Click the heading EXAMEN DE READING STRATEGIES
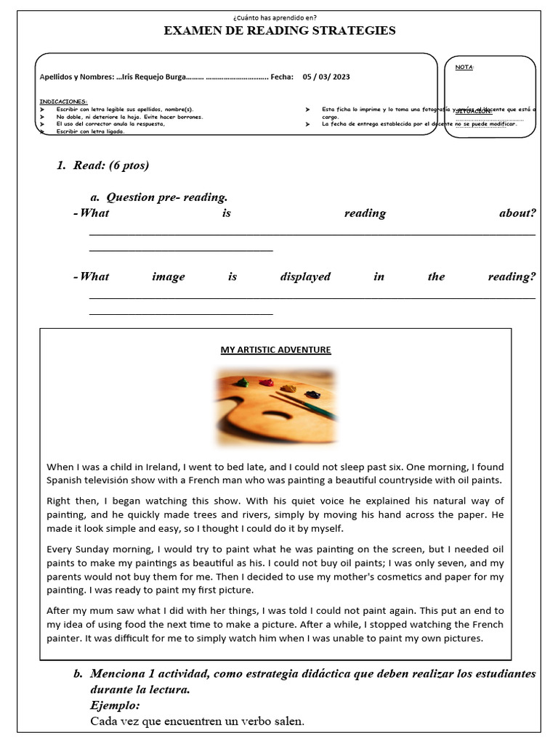click(x=280, y=30)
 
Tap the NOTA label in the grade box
click(x=464, y=67)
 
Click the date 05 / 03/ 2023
click(x=326, y=76)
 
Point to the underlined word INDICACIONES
click(x=63, y=102)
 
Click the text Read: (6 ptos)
click(x=110, y=165)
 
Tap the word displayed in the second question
click(x=305, y=276)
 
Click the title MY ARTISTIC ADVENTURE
click(x=275, y=350)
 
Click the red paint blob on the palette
click(x=266, y=382)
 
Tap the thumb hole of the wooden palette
click(x=275, y=415)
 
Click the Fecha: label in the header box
click(x=281, y=76)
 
